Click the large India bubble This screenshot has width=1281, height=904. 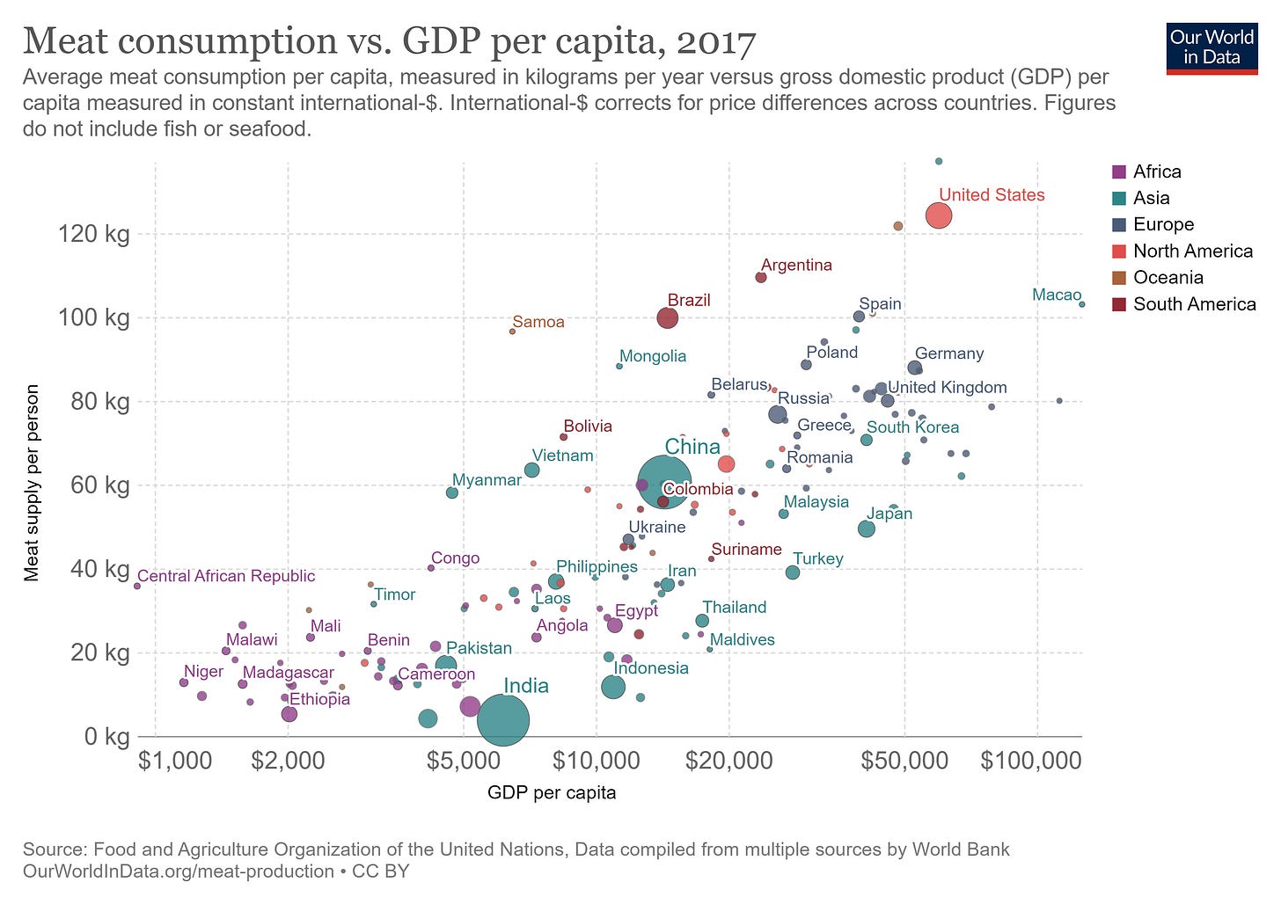pyautogui.click(x=502, y=720)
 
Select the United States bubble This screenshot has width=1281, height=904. pyautogui.click(x=939, y=215)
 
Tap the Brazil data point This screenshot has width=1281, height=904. pyautogui.click(x=668, y=317)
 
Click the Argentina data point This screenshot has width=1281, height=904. pyautogui.click(x=761, y=277)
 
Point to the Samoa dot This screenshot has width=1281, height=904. pyautogui.click(x=512, y=332)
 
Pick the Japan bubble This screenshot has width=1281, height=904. pyautogui.click(x=867, y=529)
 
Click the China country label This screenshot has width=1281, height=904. pyautogui.click(x=692, y=447)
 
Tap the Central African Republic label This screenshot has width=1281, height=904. pyautogui.click(x=226, y=576)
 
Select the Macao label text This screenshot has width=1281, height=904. pyautogui.click(x=1056, y=295)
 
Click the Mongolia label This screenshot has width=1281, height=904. pyautogui.click(x=653, y=356)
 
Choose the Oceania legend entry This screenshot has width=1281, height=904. pyautogui.click(x=1168, y=277)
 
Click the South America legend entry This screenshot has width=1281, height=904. pyautogui.click(x=1194, y=304)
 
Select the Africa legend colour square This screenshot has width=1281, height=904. pyautogui.click(x=1120, y=171)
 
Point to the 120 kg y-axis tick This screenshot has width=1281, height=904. pyautogui.click(x=93, y=234)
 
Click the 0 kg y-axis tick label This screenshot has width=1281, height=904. pyautogui.click(x=106, y=736)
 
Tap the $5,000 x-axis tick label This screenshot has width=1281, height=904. pyautogui.click(x=464, y=760)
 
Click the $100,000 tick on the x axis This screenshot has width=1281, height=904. pyautogui.click(x=1031, y=760)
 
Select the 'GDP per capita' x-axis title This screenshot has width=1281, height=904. pyautogui.click(x=552, y=792)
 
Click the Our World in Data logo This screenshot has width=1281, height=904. pyautogui.click(x=1211, y=47)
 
